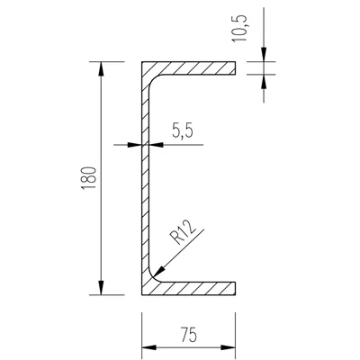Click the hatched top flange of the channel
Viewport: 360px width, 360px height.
193,68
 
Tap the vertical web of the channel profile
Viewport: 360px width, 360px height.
144,180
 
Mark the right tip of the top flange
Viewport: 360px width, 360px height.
235,68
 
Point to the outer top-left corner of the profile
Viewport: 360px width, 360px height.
141,62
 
